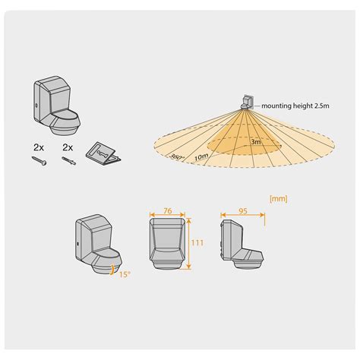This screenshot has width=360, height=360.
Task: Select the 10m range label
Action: coord(201,156)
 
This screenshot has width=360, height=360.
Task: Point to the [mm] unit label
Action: coord(279,200)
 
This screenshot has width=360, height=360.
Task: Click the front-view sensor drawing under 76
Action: coord(167,244)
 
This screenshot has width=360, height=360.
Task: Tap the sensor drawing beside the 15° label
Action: coord(96,245)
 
